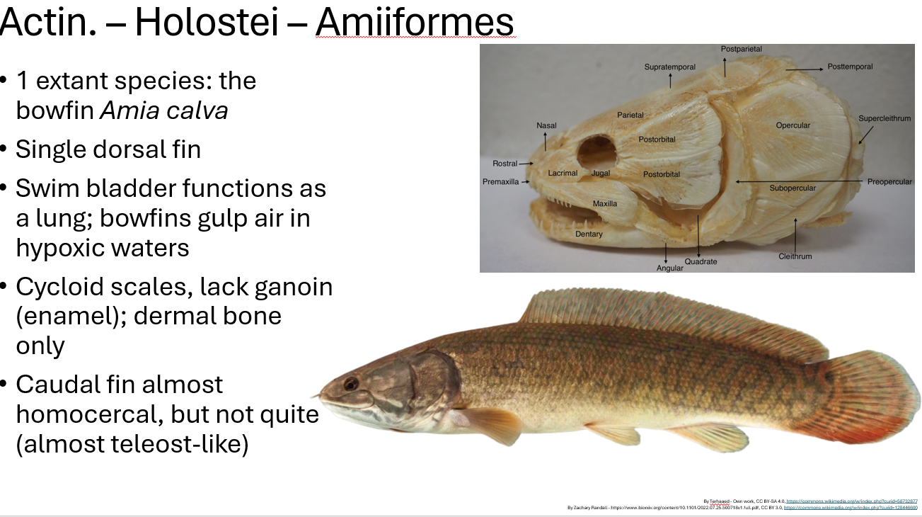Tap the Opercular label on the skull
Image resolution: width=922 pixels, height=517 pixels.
coord(793,125)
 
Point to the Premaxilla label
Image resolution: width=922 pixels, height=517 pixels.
coord(500,182)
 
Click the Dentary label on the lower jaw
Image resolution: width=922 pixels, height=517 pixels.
coord(589,234)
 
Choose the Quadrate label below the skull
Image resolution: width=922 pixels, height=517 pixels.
coord(701,261)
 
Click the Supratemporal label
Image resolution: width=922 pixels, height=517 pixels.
coord(669,67)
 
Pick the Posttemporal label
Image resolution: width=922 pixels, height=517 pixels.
coord(850,67)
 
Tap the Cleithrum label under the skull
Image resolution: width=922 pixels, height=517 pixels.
coord(795,256)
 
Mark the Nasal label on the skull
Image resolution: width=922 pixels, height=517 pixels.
coord(546,125)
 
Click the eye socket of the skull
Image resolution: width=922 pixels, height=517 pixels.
coord(597,151)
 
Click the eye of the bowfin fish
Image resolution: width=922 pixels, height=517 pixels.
coord(351,384)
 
